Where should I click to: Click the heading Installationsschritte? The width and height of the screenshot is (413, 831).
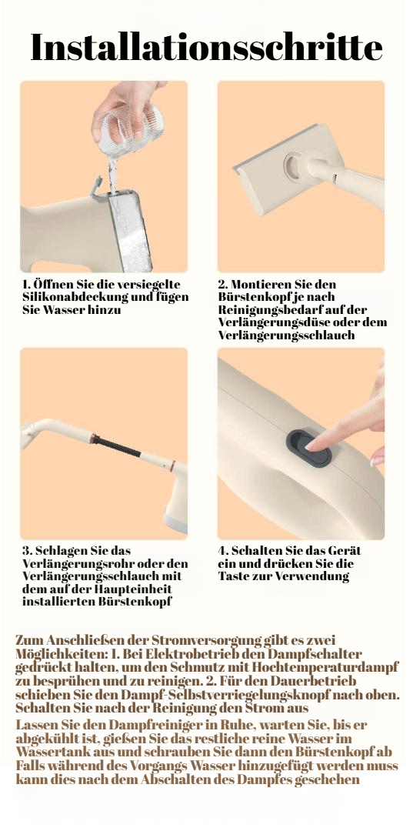(x=206, y=48)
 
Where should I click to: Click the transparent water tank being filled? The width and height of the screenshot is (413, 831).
(x=130, y=230)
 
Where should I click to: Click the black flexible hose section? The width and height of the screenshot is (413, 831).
(x=118, y=448)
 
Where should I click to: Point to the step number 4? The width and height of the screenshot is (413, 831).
(x=222, y=551)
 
